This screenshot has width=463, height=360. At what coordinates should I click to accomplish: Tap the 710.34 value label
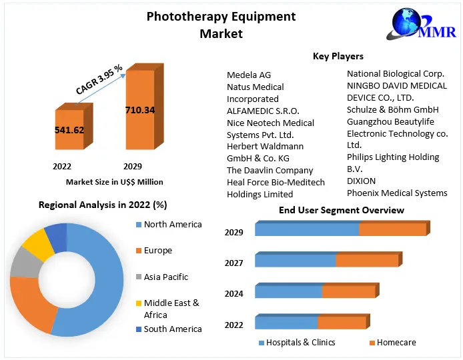click(140, 110)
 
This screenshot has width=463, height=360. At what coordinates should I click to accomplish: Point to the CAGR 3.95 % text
click(99, 79)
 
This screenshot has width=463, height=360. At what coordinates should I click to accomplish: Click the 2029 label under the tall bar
click(133, 166)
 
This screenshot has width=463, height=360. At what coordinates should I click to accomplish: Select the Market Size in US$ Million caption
click(114, 182)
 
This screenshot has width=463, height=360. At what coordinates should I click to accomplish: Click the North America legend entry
click(172, 225)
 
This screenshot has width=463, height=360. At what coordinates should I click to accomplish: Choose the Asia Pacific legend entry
click(166, 277)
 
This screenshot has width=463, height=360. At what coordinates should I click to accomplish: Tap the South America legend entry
click(172, 329)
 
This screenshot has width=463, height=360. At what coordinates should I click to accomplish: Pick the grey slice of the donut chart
click(24, 263)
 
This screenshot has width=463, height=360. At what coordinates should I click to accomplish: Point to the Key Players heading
click(338, 56)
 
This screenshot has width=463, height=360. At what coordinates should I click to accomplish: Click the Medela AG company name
click(249, 75)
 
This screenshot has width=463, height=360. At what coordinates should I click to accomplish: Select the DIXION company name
click(361, 181)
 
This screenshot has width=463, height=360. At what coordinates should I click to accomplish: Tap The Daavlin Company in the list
click(270, 170)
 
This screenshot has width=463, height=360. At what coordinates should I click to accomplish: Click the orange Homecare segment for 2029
click(392, 229)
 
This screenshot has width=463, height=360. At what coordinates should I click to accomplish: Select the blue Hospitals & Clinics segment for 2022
click(286, 323)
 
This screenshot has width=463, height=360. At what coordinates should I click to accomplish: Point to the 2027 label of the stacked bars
click(234, 263)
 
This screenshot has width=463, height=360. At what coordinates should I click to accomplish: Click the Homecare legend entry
click(396, 343)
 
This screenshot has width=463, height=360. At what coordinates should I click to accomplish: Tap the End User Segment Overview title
click(341, 210)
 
